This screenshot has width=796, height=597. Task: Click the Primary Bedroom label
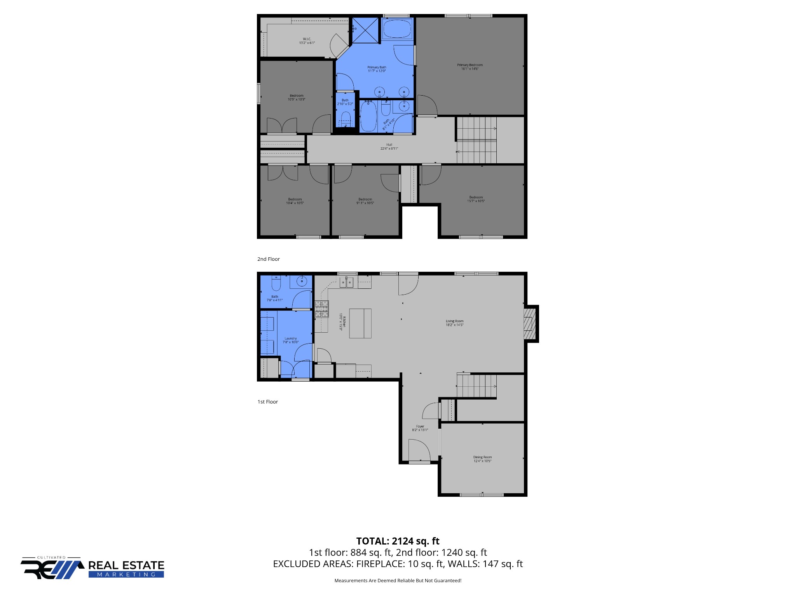point(470,67)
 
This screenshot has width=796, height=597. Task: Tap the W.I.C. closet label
point(307,41)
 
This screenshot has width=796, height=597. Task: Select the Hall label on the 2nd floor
point(389,147)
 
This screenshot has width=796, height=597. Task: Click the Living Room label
point(454,323)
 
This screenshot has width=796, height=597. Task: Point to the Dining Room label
point(482,459)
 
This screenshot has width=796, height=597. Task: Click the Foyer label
point(420,428)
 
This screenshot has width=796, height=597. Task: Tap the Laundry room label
point(290,340)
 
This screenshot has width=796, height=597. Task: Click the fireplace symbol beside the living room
point(529,323)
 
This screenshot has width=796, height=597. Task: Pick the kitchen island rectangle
point(360,323)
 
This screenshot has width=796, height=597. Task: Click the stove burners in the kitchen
point(321,309)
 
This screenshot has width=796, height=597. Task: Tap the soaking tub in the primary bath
point(397,28)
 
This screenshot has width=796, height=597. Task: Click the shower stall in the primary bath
point(365,30)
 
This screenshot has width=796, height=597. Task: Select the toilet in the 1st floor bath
point(276,285)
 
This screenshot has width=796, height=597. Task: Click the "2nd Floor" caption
point(269,259)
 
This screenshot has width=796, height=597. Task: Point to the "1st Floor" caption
point(268,402)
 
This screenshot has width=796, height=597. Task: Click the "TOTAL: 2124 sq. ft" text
point(398,541)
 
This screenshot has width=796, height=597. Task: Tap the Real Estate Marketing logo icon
point(52,569)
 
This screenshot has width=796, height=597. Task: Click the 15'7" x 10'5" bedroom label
point(476,199)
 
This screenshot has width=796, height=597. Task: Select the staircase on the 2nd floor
point(477,140)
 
